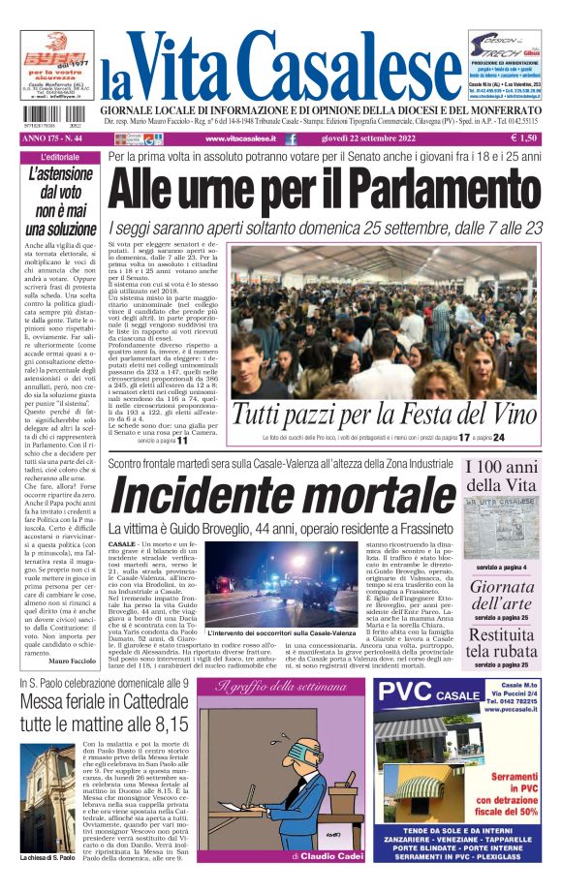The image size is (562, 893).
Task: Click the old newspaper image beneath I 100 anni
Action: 501,530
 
